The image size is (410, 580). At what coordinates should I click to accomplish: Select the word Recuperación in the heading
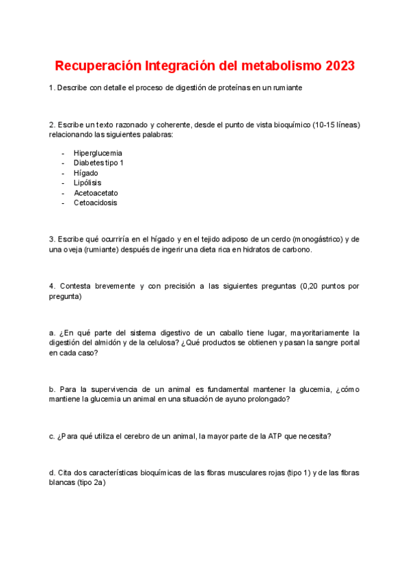click(x=98, y=66)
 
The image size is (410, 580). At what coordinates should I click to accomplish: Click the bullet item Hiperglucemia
click(x=98, y=153)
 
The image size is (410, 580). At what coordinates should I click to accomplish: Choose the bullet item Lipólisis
click(x=87, y=183)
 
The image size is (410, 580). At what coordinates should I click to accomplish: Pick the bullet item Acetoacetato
click(x=96, y=193)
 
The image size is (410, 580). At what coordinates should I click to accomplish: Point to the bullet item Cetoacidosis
click(x=95, y=203)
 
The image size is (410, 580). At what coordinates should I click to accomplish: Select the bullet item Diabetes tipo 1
click(x=98, y=163)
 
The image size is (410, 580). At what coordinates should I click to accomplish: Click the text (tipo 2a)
click(x=86, y=482)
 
